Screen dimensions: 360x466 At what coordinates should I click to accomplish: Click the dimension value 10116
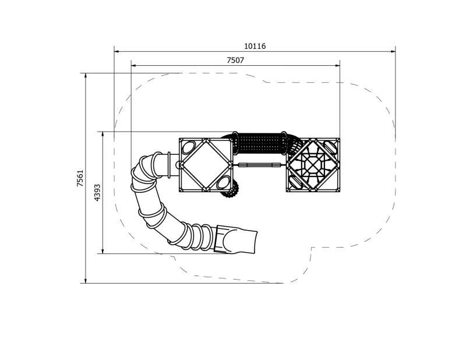[255, 46]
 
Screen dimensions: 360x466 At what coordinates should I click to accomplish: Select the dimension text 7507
[235, 60]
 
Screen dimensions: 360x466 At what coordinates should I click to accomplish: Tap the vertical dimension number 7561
[80, 178]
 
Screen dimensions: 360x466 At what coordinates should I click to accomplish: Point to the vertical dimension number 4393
[98, 192]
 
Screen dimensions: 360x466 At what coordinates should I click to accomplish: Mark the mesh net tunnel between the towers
[260, 143]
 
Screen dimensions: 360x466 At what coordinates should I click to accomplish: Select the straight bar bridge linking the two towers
[260, 165]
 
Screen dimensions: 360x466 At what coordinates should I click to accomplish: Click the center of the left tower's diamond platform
[206, 165]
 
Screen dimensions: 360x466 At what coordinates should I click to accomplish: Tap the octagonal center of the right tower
[313, 165]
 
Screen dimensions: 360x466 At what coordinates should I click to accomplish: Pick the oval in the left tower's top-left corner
[189, 147]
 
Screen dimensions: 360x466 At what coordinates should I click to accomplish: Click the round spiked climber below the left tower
[231, 189]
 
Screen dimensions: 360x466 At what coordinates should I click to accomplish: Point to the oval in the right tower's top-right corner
[330, 147]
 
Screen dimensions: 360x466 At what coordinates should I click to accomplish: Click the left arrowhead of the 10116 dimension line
[116, 51]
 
